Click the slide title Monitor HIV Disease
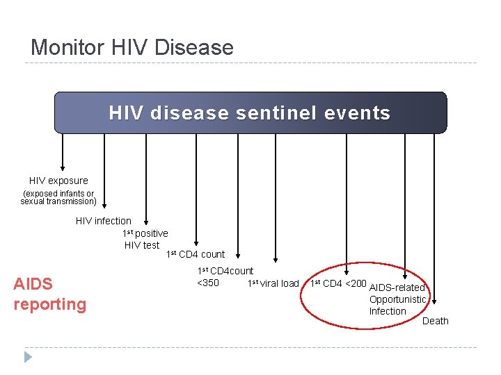[132, 47]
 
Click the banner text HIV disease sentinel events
[250, 112]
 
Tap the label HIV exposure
[58, 181]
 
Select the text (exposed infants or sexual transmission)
[58, 197]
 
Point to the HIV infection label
[103, 221]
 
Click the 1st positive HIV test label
[144, 239]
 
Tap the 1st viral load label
[273, 283]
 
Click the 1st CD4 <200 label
[338, 283]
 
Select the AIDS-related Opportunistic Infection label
[397, 299]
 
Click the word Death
[436, 321]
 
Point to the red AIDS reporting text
[49, 294]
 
